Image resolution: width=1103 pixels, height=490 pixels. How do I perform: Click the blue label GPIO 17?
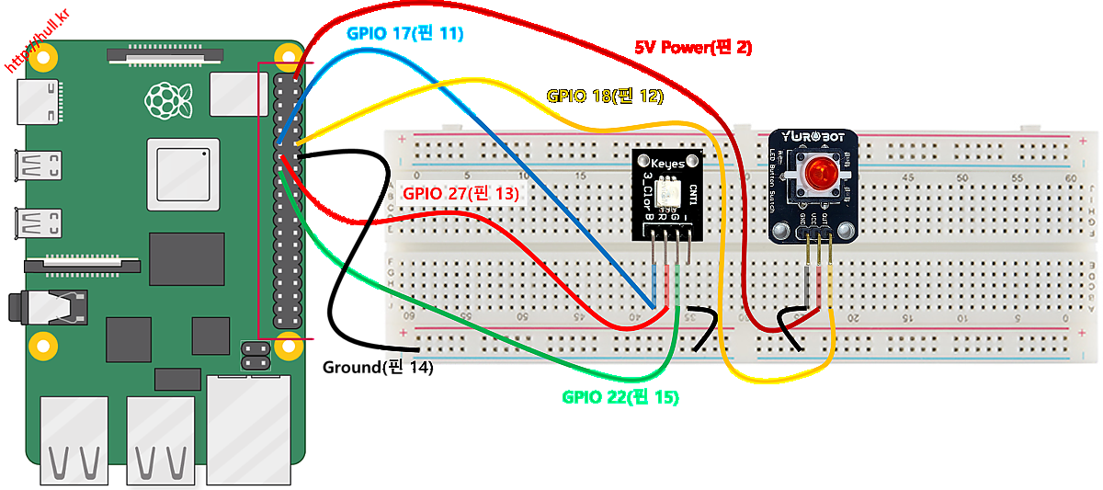(404, 34)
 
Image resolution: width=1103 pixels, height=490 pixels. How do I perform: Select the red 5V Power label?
(694, 47)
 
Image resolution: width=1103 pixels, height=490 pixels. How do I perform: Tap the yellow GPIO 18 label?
(605, 96)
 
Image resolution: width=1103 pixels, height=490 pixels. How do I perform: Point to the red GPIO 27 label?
(461, 194)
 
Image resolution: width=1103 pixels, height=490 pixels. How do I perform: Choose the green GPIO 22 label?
(620, 398)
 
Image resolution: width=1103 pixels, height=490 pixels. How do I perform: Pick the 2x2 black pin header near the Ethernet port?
(255, 356)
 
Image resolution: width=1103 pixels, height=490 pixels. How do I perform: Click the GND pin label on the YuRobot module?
(802, 220)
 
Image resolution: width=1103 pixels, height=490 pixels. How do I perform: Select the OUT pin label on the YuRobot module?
(826, 220)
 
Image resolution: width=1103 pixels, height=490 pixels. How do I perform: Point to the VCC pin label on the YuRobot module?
(814, 220)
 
